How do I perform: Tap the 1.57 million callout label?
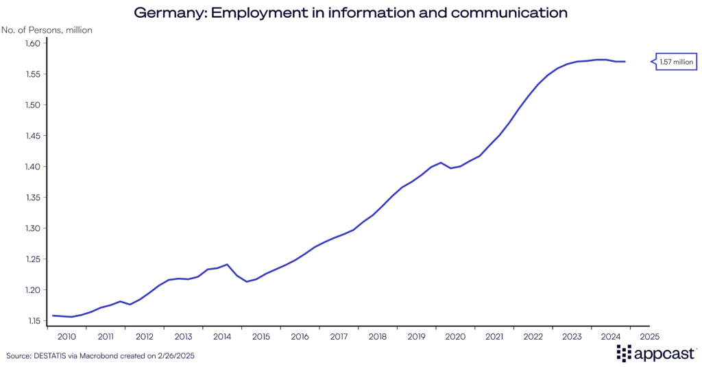pos(677,62)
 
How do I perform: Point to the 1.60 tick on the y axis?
pos(34,43)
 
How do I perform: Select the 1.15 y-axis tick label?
pos(34,321)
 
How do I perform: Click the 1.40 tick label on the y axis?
pos(34,167)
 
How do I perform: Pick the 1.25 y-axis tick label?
pos(34,259)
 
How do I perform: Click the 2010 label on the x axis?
pos(66,337)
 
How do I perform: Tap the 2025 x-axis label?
pos(649,337)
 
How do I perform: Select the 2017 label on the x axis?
pos(339,337)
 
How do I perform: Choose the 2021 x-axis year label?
pos(494,337)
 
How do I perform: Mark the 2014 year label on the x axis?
pos(222,337)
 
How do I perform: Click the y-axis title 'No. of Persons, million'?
pos(47,30)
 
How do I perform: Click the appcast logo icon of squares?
pos(623,353)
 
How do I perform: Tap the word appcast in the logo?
pos(664,354)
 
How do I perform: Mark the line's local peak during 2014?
pos(227,264)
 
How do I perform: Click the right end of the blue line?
pos(625,62)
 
